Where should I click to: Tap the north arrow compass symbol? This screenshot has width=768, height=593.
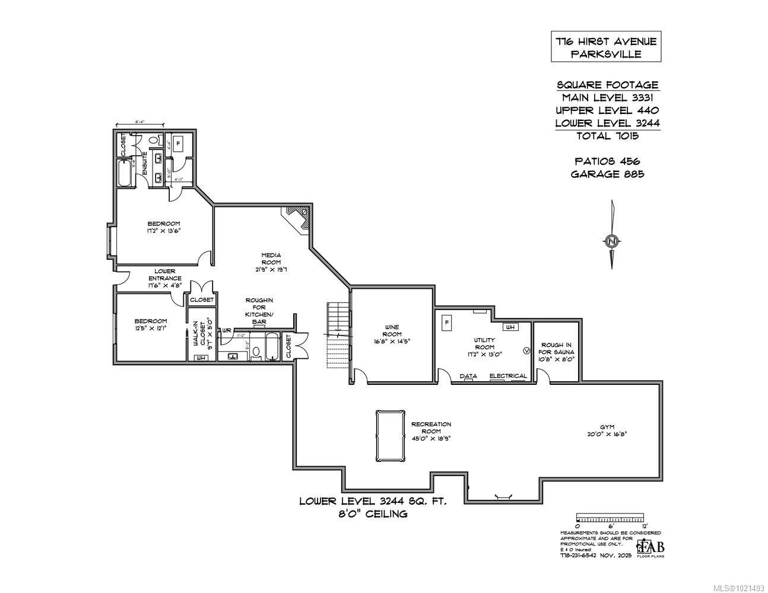[x=611, y=240]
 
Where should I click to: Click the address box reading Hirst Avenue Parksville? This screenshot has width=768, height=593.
[x=605, y=47]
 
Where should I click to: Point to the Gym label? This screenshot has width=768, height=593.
[x=607, y=426]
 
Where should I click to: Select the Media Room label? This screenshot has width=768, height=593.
[x=271, y=259]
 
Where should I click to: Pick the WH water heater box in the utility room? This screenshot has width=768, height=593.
[x=510, y=327]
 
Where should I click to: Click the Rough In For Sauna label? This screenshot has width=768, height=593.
[x=557, y=352]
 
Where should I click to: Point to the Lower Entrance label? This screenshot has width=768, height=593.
[x=165, y=275]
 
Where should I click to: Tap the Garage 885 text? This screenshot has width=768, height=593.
[x=607, y=174]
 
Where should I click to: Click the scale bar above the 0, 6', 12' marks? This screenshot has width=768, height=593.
[x=610, y=517]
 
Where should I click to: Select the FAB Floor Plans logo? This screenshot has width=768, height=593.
[x=650, y=548]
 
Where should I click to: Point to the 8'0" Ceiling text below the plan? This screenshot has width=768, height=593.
[x=372, y=514]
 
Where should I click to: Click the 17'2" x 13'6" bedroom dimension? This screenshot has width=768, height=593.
[x=164, y=231]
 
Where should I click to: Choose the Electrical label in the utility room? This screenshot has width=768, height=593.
[x=508, y=376]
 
